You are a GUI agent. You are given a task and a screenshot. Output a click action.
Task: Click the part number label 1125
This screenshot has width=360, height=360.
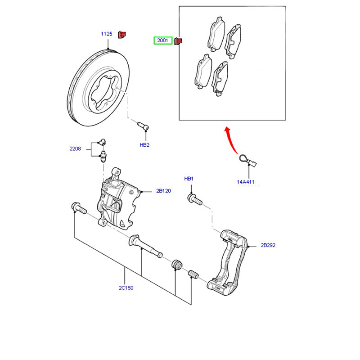[106, 34]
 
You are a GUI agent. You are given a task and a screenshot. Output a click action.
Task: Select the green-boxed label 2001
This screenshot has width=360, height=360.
[162, 40]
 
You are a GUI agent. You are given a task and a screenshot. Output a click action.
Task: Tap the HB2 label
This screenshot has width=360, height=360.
[144, 145]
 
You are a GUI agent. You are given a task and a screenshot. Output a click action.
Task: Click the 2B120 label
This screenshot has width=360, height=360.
[164, 191]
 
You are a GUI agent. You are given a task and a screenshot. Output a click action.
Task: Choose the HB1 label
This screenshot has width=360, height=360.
[189, 179]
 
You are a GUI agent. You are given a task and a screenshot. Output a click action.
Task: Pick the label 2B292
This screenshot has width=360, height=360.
[268, 246]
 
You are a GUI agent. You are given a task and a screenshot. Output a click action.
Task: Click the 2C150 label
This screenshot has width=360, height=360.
[126, 288]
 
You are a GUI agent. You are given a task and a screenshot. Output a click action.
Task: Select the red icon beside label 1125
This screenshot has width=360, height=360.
[122, 34]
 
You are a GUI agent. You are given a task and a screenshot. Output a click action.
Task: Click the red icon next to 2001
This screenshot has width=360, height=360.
[178, 41]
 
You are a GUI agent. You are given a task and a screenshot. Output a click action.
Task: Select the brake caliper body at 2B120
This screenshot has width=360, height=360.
[118, 200]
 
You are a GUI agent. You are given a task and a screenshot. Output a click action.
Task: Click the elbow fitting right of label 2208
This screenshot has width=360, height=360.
[101, 142]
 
